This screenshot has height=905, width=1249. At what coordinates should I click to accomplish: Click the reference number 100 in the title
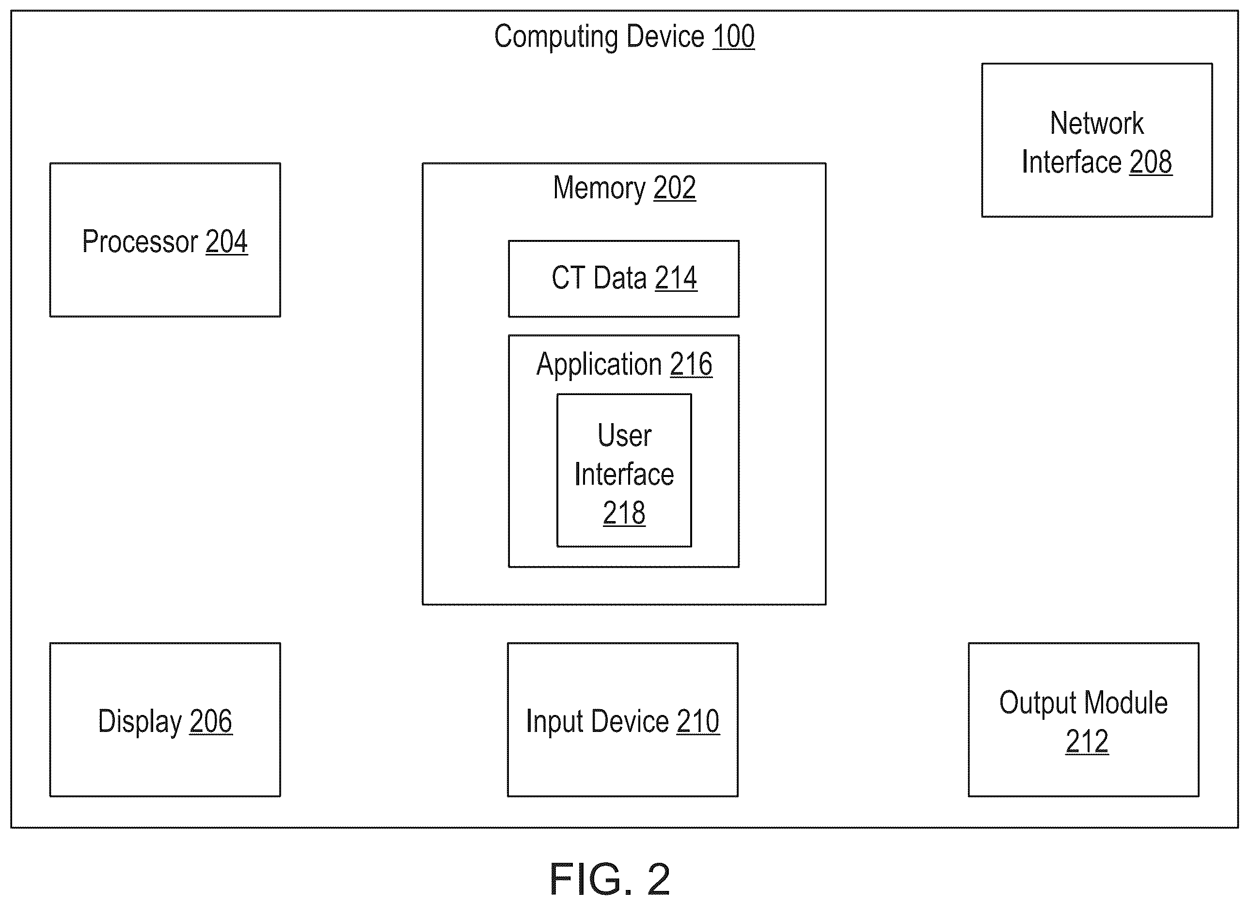click(x=733, y=37)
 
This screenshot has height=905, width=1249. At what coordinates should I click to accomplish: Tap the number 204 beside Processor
click(x=226, y=242)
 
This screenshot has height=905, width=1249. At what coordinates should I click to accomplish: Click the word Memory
click(x=599, y=189)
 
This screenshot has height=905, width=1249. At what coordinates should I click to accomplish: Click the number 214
click(x=676, y=278)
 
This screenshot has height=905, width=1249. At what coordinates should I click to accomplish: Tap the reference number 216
click(x=691, y=365)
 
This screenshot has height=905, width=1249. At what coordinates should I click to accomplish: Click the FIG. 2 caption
click(x=610, y=879)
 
